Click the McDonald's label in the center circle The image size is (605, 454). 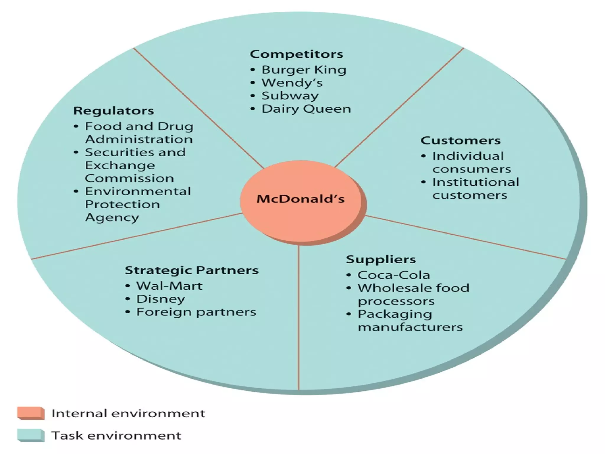300,199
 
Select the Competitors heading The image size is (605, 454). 296,54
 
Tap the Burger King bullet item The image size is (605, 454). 303,70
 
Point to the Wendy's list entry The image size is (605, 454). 292,83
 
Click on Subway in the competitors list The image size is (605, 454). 290,96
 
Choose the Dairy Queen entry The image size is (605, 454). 306,109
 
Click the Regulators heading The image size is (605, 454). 113,111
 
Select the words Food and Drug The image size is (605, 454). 139,126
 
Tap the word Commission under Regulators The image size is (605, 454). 129,178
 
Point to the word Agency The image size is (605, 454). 112,218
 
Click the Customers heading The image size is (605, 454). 460,140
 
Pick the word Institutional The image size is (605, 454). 475,182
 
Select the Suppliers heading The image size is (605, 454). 381,259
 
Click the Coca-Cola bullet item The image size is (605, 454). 393,275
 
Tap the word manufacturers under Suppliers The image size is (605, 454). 410,327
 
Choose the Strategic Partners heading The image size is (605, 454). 191,270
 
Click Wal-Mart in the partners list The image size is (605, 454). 169,286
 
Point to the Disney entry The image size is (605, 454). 160,299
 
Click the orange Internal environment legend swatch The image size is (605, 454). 30,413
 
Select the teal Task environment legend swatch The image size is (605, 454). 30,435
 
